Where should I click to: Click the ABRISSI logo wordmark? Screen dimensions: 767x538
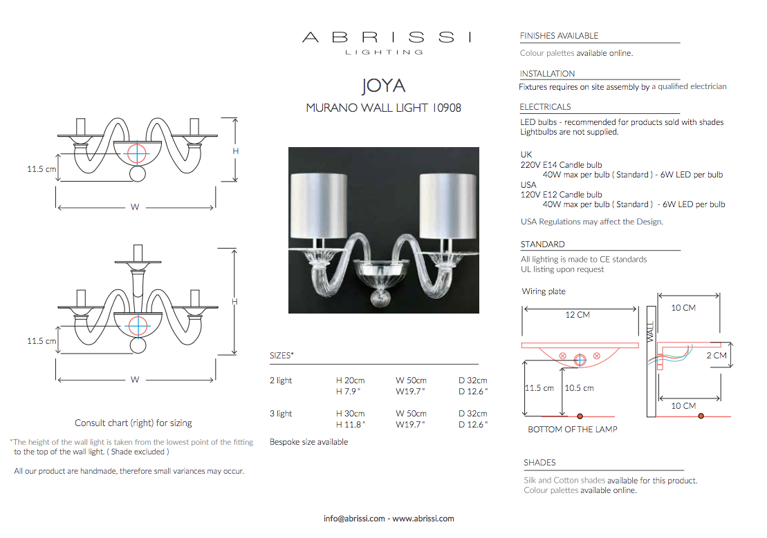[387, 37]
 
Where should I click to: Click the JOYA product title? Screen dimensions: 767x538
[383, 86]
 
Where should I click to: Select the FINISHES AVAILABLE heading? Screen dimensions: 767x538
[559, 36]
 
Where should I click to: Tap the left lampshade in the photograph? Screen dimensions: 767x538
[318, 206]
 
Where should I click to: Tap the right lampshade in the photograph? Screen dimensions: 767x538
[448, 206]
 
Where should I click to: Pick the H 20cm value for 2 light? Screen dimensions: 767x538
[350, 380]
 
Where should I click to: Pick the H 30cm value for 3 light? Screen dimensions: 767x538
[350, 414]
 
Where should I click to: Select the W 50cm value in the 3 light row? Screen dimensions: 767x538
[411, 414]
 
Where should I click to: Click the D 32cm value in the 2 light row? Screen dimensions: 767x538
[472, 380]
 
